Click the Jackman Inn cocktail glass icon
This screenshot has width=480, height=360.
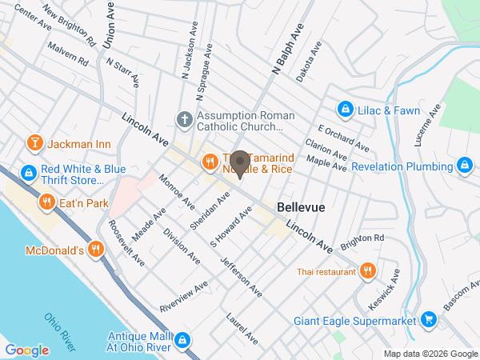point(34,144)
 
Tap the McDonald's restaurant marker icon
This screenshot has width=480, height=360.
point(95,250)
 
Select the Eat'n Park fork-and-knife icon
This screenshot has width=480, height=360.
point(46,203)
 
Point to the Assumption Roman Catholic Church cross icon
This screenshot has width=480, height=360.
point(184,120)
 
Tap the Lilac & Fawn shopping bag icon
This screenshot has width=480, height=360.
point(345,107)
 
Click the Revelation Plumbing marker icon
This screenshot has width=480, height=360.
point(465,166)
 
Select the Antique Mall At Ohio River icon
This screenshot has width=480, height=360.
point(182,340)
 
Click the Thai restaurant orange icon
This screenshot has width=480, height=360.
point(367,271)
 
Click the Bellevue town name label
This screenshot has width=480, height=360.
point(301,207)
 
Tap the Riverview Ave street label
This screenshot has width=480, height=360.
point(183,295)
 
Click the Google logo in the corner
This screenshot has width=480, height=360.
point(27,350)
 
